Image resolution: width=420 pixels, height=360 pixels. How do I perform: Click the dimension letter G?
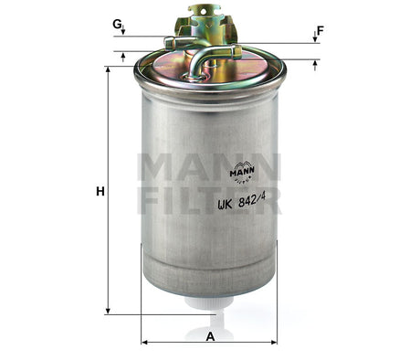[x=117, y=23]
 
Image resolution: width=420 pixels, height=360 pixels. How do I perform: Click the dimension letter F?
[x=320, y=30]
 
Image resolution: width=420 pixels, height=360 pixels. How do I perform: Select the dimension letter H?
[x=100, y=192]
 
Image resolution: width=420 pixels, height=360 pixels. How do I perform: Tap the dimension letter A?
[x=210, y=335]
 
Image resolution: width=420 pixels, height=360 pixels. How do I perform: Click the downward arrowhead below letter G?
[x=123, y=32]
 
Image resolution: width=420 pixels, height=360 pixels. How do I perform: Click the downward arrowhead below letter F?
[x=315, y=38]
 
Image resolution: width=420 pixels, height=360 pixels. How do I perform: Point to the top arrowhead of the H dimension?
[x=108, y=70]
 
